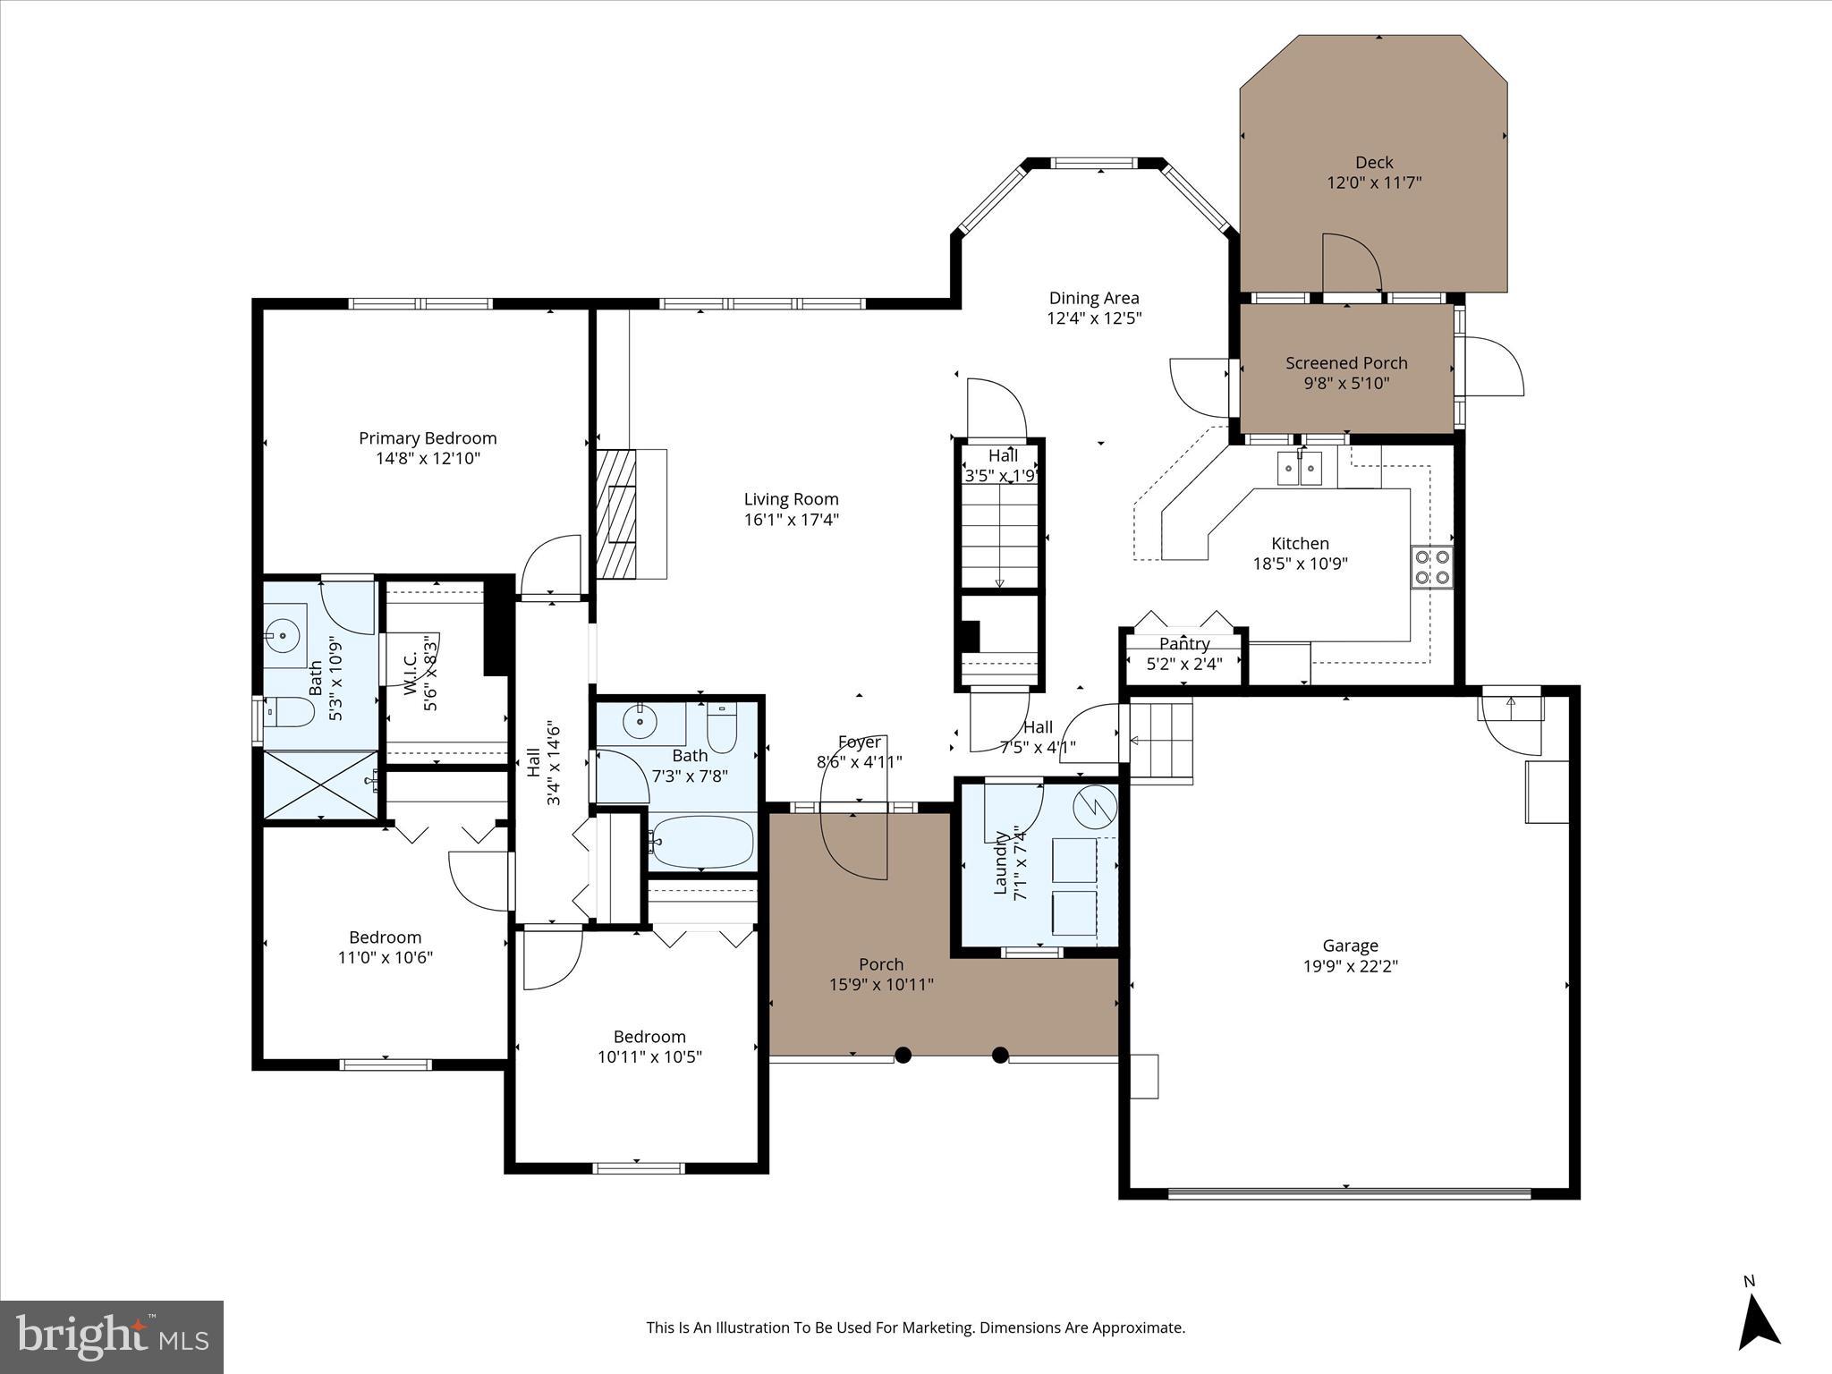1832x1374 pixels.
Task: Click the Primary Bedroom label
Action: pos(428,438)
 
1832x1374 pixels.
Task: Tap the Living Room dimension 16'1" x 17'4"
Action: pos(791,520)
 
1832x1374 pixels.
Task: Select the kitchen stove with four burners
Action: pos(1432,566)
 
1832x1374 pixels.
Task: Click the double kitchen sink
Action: pos(1300,467)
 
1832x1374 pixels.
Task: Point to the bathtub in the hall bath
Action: pos(702,842)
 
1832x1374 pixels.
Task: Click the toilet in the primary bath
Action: pos(293,713)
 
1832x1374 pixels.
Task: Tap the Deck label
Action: pos(1373,163)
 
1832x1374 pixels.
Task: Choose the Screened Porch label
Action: pos(1346,363)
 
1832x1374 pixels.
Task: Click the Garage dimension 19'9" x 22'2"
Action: pos(1350,966)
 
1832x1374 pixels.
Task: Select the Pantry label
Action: pos(1183,644)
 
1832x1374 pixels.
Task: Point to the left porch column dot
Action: pos(903,1055)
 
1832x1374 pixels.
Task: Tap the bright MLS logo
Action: pos(112,1336)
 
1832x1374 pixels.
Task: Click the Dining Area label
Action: pos(1094,299)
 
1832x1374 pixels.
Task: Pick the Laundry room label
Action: pos(1001,862)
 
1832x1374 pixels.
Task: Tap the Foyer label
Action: pos(859,742)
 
